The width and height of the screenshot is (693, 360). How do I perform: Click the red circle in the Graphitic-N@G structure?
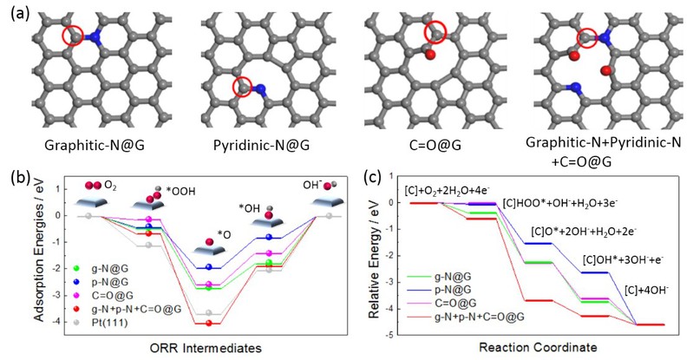point(75,36)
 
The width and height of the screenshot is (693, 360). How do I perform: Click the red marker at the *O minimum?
point(209,324)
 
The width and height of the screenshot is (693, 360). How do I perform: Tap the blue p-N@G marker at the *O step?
point(209,268)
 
